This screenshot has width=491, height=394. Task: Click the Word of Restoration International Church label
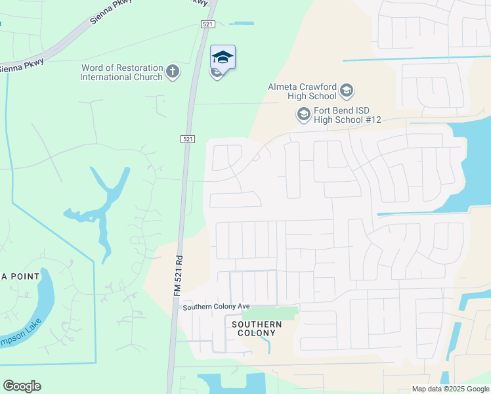[121, 72]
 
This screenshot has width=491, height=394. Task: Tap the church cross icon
[173, 72]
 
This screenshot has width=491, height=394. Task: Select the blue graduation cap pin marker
[223, 57]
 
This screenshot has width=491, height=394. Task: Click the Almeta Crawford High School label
[302, 91]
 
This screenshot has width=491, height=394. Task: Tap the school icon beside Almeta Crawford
[347, 91]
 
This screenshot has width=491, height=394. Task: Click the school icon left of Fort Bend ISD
[303, 116]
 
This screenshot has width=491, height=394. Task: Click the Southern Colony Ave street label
[217, 307]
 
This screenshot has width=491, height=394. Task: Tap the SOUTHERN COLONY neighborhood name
[257, 329]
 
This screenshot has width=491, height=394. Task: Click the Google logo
[22, 386]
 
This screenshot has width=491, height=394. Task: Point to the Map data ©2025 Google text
[450, 389]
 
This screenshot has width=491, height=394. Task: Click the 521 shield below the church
[187, 139]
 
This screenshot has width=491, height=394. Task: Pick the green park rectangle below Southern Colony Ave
[270, 314]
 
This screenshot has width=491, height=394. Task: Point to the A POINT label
[20, 276]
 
